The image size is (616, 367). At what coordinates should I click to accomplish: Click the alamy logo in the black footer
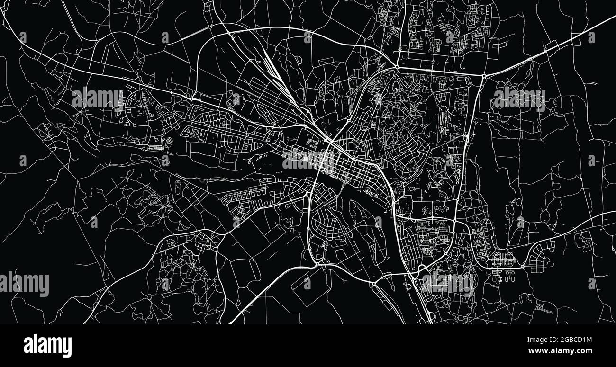pyautogui.click(x=47, y=346)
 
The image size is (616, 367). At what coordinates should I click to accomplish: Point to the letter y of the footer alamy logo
pyautogui.click(x=67, y=347)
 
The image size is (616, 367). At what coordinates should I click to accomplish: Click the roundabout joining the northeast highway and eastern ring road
pyautogui.click(x=484, y=76)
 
